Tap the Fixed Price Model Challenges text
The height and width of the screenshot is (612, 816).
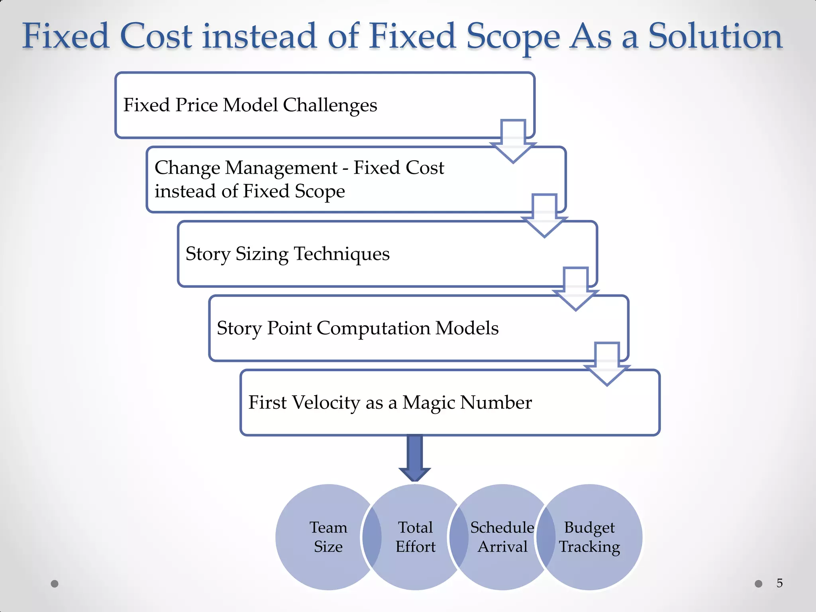[x=250, y=105]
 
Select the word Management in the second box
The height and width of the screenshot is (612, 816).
[x=281, y=168]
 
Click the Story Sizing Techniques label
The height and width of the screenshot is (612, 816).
[x=287, y=254]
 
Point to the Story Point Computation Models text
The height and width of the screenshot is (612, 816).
[x=357, y=328]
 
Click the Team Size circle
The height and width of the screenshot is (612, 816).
[x=323, y=537]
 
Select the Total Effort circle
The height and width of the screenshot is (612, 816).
[x=415, y=537]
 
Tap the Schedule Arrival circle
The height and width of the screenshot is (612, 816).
[x=502, y=537]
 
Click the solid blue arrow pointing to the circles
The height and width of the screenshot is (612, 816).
[x=415, y=458]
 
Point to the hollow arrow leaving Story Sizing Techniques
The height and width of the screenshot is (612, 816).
[x=575, y=289]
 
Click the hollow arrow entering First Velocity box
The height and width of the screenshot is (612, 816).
[x=606, y=364]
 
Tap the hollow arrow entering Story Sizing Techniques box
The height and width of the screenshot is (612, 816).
[x=544, y=216]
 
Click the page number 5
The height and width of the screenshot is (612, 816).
[x=780, y=583]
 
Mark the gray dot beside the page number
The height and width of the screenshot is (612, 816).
[x=759, y=584]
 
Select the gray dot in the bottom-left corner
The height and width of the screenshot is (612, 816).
[x=55, y=584]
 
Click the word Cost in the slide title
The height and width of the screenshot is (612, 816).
[x=156, y=37]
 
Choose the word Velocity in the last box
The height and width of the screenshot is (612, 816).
[x=326, y=402]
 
